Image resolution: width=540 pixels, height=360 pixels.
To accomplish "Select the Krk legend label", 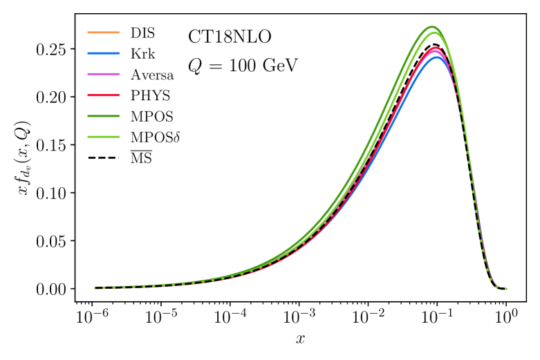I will pyautogui.click(x=141, y=53).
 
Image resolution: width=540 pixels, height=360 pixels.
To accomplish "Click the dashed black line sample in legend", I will pyautogui.click(x=102, y=160).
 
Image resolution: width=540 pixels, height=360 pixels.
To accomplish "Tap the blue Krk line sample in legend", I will pyautogui.click(x=102, y=53).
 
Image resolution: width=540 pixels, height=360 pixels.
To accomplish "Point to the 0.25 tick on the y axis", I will pyautogui.click(x=55, y=50).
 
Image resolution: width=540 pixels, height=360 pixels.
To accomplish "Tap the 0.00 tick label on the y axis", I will pyautogui.click(x=55, y=289).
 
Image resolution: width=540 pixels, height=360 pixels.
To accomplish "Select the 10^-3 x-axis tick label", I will pyautogui.click(x=299, y=317).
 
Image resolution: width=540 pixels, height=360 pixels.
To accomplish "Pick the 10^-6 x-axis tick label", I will pyautogui.click(x=92, y=317).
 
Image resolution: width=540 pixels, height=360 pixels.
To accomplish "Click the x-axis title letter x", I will pyautogui.click(x=300, y=340).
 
